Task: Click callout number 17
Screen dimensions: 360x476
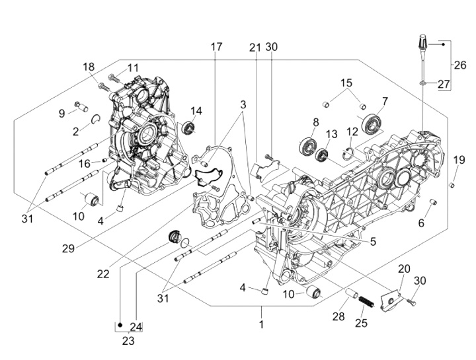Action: point(217,47)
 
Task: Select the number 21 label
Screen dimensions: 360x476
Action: point(255,47)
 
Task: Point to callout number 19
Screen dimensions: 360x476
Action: point(459,160)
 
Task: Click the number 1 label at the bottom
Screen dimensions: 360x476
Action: point(261,324)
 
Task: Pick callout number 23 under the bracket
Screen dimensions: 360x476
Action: point(128,341)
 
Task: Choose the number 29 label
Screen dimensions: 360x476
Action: point(67,248)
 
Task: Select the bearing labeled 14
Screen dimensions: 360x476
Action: point(190,127)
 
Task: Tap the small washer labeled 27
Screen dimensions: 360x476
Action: point(422,83)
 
